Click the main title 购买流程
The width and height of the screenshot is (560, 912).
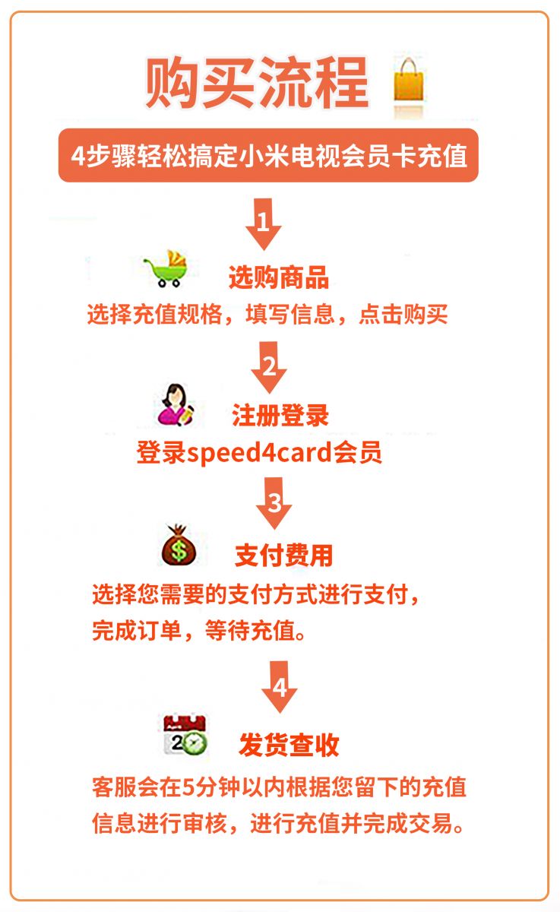[258, 83]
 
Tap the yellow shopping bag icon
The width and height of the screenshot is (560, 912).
[409, 81]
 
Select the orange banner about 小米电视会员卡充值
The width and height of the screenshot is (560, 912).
[268, 155]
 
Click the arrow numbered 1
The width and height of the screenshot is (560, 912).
[264, 224]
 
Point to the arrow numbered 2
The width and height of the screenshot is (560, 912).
[269, 367]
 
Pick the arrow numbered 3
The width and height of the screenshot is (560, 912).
[274, 503]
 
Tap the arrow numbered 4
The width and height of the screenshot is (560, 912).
[279, 687]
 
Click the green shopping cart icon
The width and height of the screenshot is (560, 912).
[166, 269]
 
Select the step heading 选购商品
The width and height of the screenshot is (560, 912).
[279, 277]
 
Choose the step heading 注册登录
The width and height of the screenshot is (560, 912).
[280, 416]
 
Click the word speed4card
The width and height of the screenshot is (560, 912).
[259, 452]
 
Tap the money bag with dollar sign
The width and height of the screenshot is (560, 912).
[178, 545]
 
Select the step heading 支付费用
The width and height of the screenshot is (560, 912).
[283, 556]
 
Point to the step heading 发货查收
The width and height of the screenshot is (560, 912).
[289, 745]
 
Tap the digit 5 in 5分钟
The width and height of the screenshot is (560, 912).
[189, 787]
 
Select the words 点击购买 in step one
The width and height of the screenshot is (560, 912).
[403, 315]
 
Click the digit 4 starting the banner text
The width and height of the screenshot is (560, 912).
[78, 156]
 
